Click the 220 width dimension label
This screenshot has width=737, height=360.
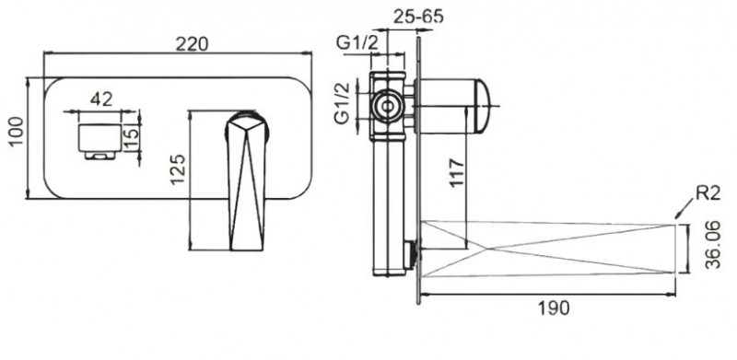[x=192, y=43]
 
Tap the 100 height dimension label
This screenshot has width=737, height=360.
[x=17, y=132]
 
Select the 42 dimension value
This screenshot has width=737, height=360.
[x=101, y=99]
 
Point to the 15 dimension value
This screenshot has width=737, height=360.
[x=132, y=138]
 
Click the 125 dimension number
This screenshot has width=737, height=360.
[x=178, y=169]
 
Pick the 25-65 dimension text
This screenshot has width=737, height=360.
[x=418, y=17]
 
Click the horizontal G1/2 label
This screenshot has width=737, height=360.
[x=357, y=43]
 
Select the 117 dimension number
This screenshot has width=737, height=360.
[x=456, y=173]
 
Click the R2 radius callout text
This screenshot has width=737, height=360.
[x=708, y=193]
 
